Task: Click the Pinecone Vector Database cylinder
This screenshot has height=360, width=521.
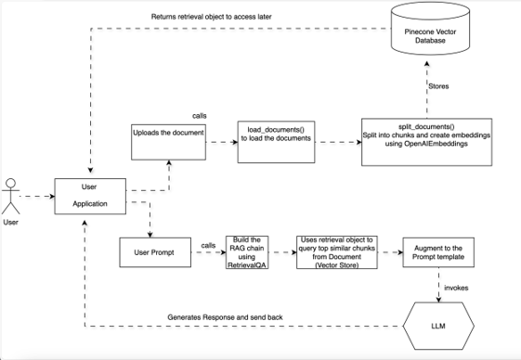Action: [427, 35]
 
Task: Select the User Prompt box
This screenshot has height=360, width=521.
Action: [155, 252]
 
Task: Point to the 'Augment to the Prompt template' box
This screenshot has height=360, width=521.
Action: [439, 252]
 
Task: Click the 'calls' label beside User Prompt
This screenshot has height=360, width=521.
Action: [208, 246]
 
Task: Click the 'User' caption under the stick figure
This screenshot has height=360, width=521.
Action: [11, 223]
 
